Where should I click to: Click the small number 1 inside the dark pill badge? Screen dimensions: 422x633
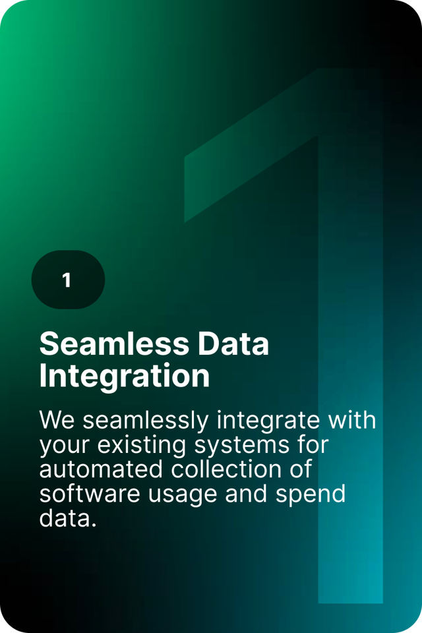(x=67, y=280)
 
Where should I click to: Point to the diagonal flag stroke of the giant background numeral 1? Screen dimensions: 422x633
(x=251, y=145)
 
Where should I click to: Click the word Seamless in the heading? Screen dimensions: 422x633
(x=114, y=344)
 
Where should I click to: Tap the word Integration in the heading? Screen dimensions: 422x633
(x=125, y=377)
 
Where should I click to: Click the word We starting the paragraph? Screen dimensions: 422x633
(x=57, y=420)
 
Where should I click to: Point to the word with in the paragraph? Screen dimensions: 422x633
(x=351, y=420)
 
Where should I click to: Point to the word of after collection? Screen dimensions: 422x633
(x=301, y=469)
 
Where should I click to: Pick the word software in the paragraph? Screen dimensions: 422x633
(x=90, y=494)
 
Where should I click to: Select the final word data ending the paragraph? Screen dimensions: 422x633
(x=68, y=518)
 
